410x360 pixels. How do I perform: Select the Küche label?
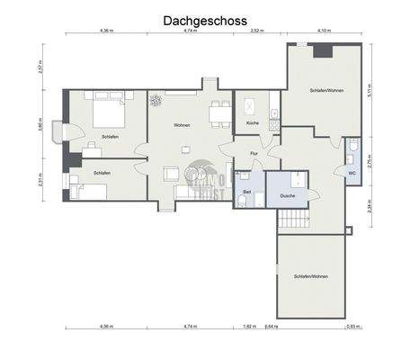tap(252, 122)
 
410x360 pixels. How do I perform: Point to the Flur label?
tap(254, 153)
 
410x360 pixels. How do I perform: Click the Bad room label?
tap(245, 192)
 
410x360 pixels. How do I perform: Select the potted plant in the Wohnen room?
tap(156, 100)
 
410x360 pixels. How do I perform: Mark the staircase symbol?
tap(293, 220)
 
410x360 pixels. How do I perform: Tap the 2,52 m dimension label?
tap(256, 31)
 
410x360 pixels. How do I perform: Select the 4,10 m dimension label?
tap(324, 31)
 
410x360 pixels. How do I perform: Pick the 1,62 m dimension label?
tap(247, 326)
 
